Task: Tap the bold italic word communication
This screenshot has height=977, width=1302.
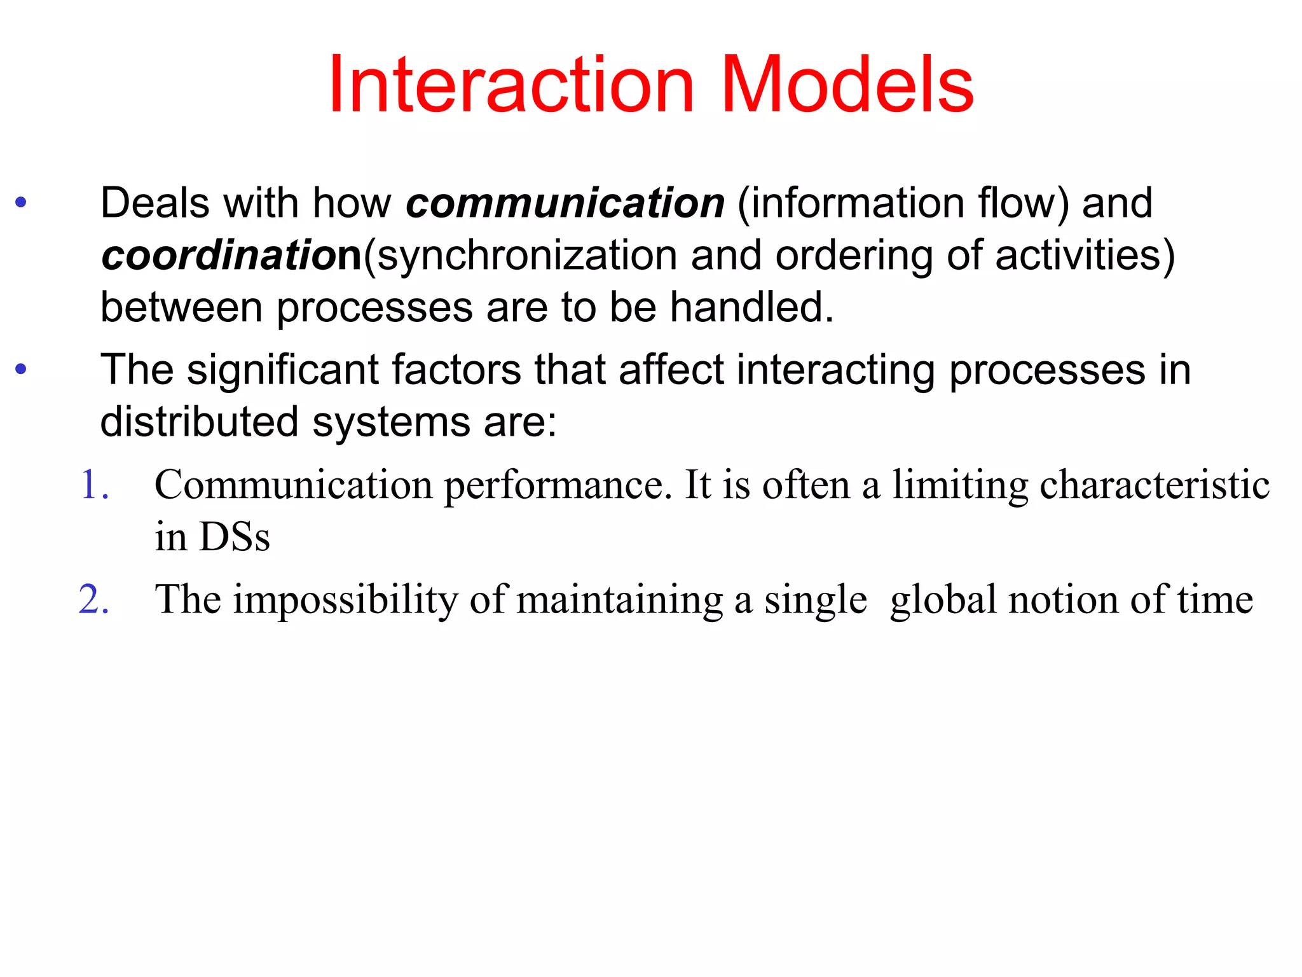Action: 565,204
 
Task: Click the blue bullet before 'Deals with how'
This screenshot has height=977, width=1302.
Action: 21,203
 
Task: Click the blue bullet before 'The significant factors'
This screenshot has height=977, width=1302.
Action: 21,369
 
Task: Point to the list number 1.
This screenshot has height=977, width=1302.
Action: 95,485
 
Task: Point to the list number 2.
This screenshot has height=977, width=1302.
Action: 94,599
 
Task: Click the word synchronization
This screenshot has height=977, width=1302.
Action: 527,256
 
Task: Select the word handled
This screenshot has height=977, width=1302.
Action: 751,308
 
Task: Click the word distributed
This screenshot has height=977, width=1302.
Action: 199,422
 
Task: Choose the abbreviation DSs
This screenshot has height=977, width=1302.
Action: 235,537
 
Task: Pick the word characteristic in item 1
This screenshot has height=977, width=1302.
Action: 1155,485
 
